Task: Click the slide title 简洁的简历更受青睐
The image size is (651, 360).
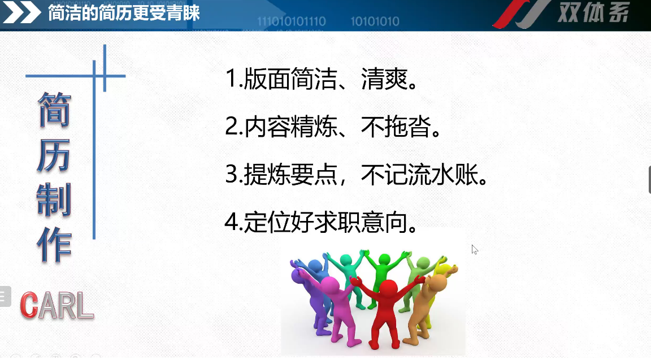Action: [x=124, y=13]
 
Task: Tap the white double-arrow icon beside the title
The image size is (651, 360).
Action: [x=22, y=14]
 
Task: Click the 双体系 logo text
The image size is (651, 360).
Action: [x=593, y=12]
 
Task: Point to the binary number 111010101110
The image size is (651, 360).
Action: [x=292, y=21]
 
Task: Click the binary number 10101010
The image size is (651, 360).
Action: [x=375, y=21]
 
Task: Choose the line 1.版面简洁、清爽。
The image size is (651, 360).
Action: [x=322, y=79]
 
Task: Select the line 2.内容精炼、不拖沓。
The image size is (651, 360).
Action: [x=333, y=126]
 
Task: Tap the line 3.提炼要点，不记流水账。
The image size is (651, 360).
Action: [x=357, y=174]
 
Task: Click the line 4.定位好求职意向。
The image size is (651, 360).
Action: [x=322, y=222]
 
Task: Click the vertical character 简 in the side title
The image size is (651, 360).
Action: [x=54, y=109]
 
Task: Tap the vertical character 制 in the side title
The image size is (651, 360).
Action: [x=54, y=199]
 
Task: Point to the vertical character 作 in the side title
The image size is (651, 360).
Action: [x=54, y=245]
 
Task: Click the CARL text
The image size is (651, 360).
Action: [x=57, y=306]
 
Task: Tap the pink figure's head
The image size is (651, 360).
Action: [x=330, y=285]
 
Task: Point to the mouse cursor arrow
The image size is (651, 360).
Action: [x=475, y=250]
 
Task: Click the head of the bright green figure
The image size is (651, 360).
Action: [x=384, y=259]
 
